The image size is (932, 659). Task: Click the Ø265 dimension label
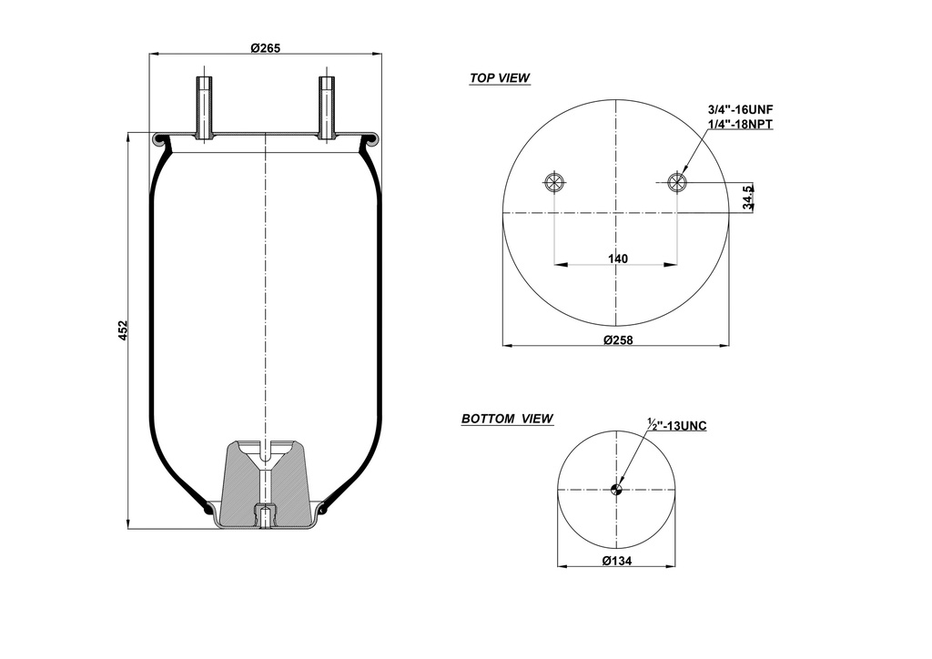pos(265,48)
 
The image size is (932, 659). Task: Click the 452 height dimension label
pos(124,330)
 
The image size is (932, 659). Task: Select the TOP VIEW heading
pos(500,78)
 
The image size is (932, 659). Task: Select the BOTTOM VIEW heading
pos(507,419)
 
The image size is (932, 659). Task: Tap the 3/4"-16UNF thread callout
pos(740,109)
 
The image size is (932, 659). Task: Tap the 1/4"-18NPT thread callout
pos(740,124)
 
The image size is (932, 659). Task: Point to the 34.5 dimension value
pos(748,198)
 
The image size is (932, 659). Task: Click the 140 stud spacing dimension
pos(617,259)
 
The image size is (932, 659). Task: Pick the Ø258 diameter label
pos(617,340)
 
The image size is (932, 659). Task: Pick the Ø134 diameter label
pos(617,561)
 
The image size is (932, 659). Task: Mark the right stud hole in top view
pos(677,182)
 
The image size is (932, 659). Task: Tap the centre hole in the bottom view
pos(616,491)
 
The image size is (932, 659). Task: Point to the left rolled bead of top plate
pos(161,140)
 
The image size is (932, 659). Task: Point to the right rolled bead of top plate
pos(370,140)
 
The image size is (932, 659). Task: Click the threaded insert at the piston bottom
pos(265,516)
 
